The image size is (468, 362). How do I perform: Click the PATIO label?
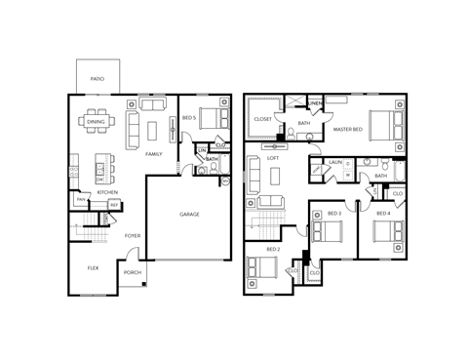coord(97,76)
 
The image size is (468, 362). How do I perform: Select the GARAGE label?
coord(189,214)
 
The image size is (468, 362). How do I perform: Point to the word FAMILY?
coord(153,154)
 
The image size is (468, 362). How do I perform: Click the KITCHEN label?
coord(107,192)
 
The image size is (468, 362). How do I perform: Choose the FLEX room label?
coord(93,266)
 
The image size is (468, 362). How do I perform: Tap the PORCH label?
coord(133,272)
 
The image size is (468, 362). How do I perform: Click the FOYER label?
coord(133,235)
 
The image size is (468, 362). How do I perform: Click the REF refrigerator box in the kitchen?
coord(113,205)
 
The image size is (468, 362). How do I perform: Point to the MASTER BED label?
coord(348,129)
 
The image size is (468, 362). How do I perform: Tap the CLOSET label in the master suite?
coord(262,119)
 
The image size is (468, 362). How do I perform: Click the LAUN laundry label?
coord(334,161)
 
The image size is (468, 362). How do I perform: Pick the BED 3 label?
coord(333,213)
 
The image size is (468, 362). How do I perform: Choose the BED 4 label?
coord(383,213)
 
